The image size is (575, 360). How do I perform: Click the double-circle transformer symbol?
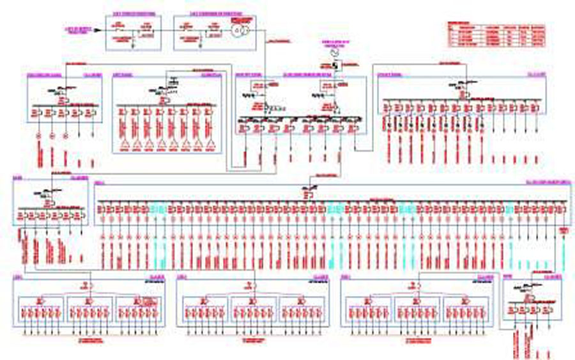pos(239,31)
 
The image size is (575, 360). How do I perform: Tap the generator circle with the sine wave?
pos(332,54)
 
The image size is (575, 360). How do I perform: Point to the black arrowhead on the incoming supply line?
pos(97,30)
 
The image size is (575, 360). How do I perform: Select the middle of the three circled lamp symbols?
pos(51,136)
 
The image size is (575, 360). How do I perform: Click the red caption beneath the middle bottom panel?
pos(252,341)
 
